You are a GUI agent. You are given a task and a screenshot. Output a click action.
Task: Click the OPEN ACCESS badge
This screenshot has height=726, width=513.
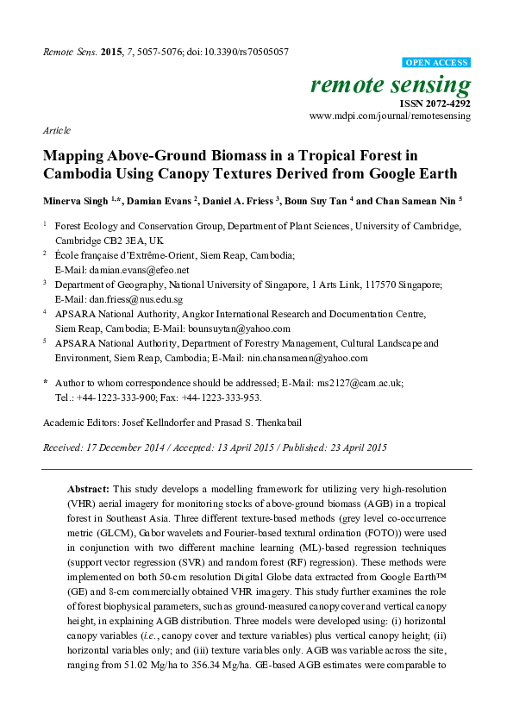pyautogui.click(x=437, y=63)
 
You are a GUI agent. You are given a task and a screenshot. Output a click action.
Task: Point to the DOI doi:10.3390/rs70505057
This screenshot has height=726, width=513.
pyautogui.click(x=246, y=52)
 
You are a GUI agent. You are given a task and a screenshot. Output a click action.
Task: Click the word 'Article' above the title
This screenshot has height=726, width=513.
pyautogui.click(x=56, y=130)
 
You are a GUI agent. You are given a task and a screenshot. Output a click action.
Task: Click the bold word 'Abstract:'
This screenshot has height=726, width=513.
pyautogui.click(x=91, y=489)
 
